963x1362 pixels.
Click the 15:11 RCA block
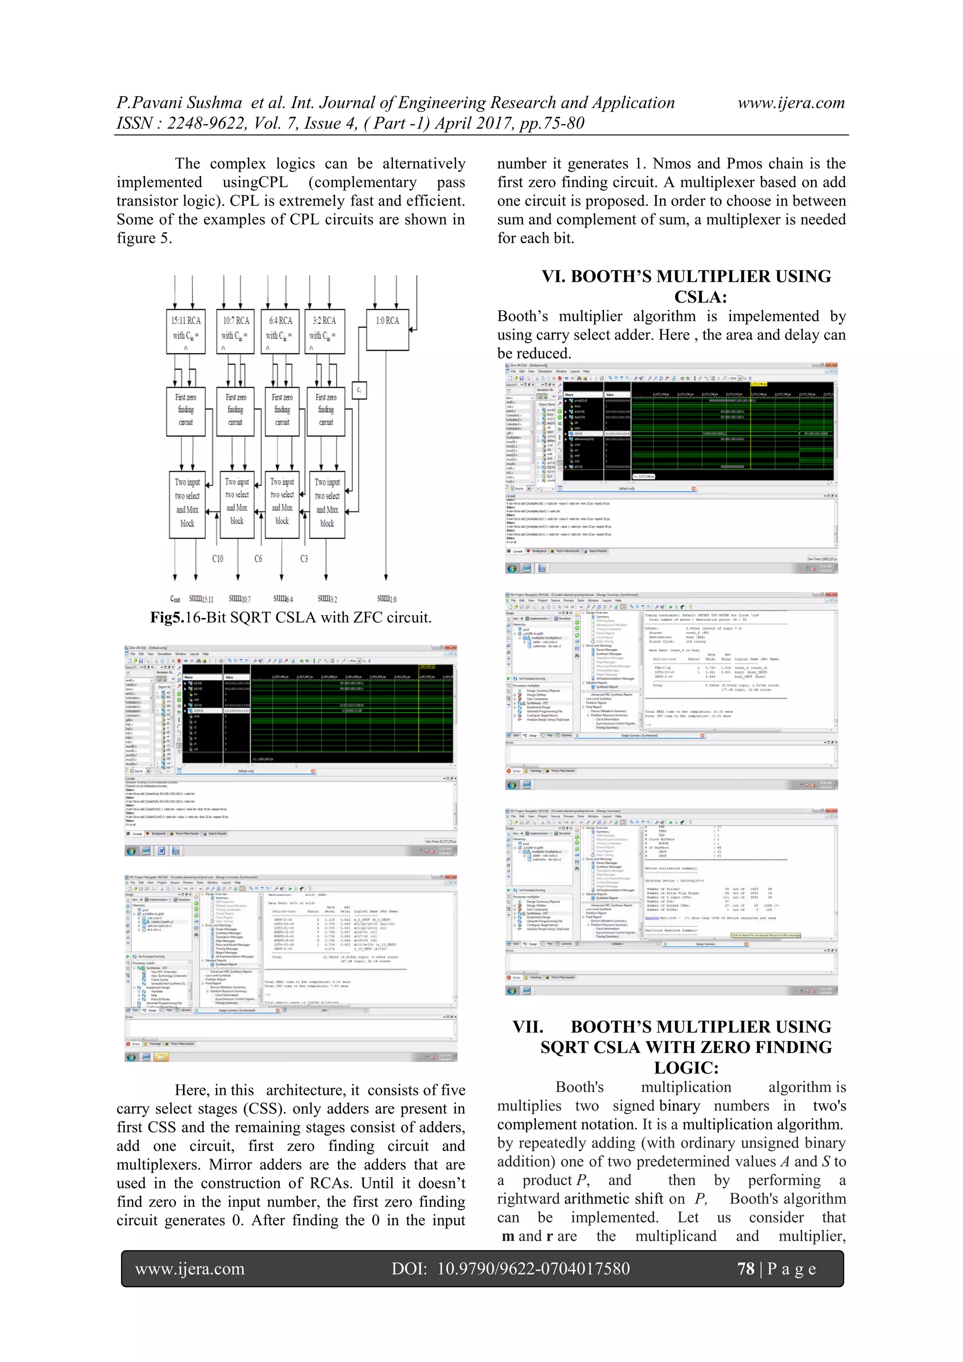coord(186,331)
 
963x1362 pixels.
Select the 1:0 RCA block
coord(387,329)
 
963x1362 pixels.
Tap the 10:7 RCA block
coord(236,331)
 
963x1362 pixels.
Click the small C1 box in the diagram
coord(359,390)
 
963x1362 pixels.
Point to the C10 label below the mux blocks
coord(218,559)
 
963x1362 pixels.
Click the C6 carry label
coord(258,559)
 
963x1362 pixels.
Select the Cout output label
coord(175,599)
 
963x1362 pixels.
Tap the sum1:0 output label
coord(386,599)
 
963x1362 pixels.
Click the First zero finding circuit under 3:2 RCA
coord(325,410)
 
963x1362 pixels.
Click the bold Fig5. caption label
coord(167,618)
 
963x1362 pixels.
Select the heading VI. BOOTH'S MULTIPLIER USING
coord(686,277)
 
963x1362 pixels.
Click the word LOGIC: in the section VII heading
coord(686,1068)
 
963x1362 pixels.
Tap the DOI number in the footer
coord(533,1269)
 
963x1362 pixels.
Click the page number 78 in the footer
coord(745,1269)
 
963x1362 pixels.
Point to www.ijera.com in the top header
coord(790,103)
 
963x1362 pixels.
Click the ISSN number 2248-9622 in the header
coord(206,123)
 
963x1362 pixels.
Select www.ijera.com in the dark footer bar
coord(190,1269)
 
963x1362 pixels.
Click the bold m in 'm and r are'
coord(507,1236)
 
